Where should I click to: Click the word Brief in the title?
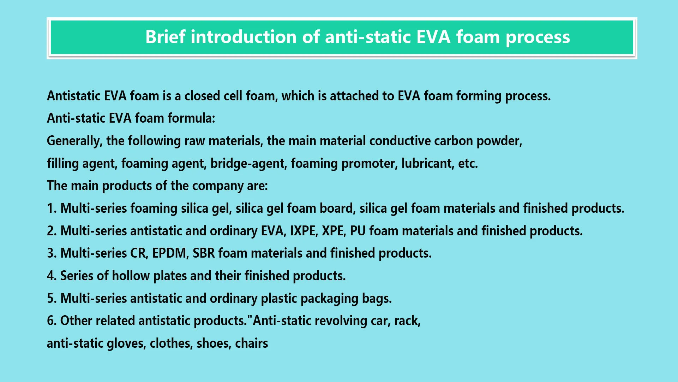pos(165,37)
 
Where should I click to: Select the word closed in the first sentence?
pos(202,96)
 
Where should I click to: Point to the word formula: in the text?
pos(191,118)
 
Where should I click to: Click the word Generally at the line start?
pos(74,141)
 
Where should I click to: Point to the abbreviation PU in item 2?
pos(358,231)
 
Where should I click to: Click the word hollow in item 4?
pos(131,276)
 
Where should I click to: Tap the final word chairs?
pos(252,343)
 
